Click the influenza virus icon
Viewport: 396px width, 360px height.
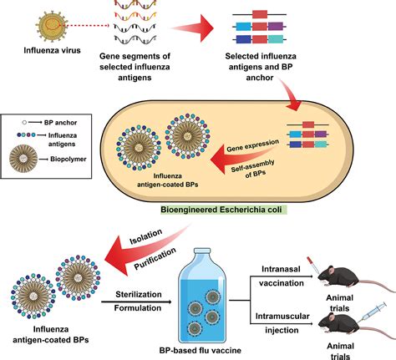click(x=52, y=26)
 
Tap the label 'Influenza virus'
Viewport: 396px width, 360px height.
click(x=52, y=50)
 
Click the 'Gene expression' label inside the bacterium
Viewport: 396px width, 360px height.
click(x=252, y=145)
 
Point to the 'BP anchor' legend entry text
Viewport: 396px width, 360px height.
click(x=60, y=123)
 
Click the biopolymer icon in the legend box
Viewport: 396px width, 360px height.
click(x=23, y=159)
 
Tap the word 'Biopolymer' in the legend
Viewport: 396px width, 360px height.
click(x=69, y=160)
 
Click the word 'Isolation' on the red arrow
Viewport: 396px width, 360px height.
click(x=145, y=236)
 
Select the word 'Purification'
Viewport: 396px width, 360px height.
click(x=155, y=259)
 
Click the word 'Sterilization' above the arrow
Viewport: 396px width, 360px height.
click(x=139, y=294)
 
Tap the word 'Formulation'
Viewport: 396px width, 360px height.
click(x=138, y=308)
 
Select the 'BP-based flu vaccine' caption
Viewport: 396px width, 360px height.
click(x=201, y=350)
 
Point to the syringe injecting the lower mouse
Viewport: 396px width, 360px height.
click(x=372, y=312)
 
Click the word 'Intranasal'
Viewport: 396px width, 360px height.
click(x=277, y=269)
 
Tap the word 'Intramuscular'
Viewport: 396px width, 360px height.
click(x=282, y=317)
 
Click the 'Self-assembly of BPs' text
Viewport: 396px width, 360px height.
click(x=253, y=169)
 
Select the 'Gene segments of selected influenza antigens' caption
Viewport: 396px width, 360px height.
click(x=135, y=67)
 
